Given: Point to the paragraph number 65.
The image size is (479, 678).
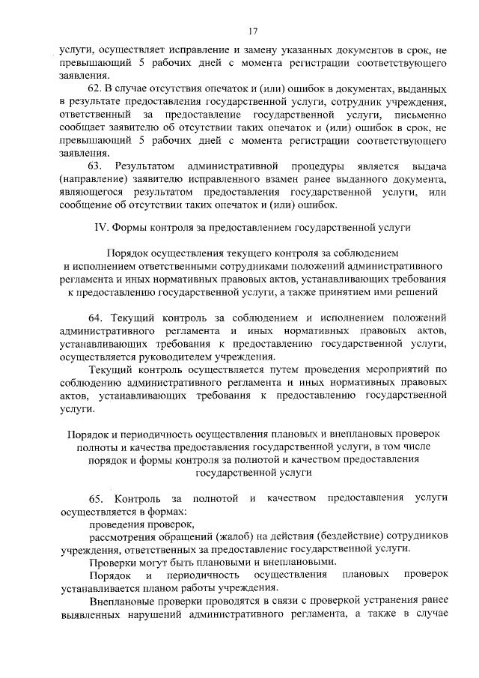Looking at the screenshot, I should click(x=97, y=498).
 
